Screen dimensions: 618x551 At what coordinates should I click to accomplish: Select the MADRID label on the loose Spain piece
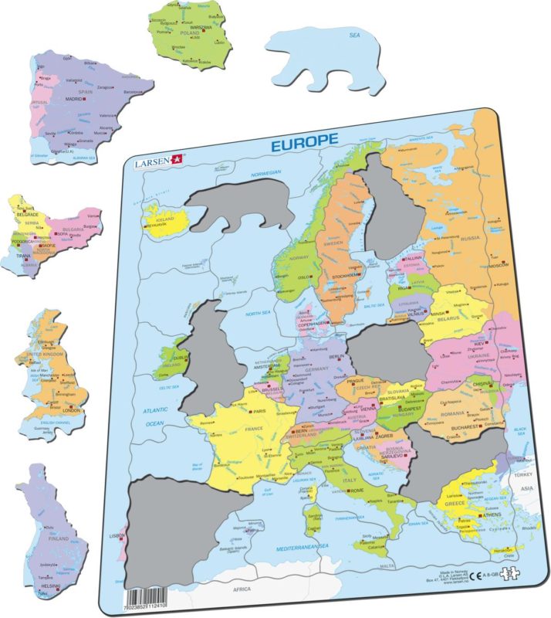(x=73, y=99)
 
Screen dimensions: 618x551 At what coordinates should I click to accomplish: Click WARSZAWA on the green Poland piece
(x=201, y=27)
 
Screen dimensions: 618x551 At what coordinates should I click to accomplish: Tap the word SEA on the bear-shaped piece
(x=354, y=35)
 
